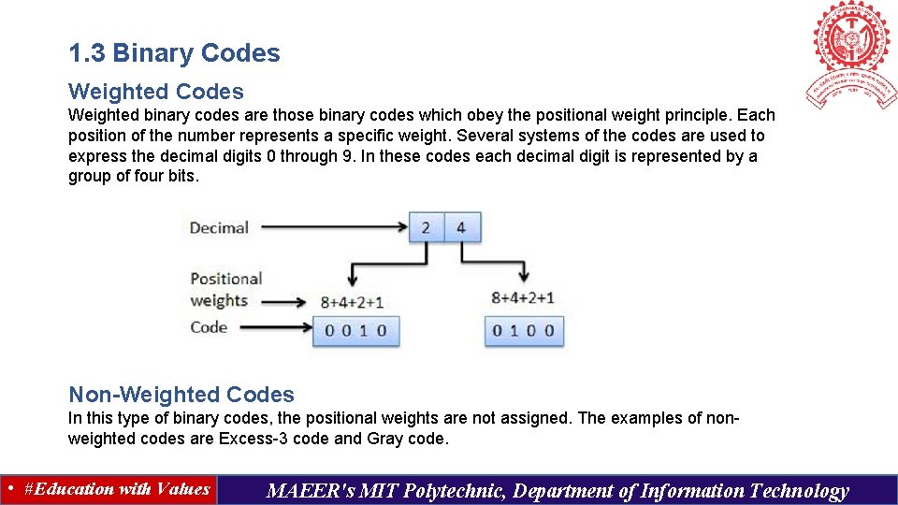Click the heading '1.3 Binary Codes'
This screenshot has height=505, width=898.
click(174, 53)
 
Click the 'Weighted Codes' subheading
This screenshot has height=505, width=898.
click(155, 92)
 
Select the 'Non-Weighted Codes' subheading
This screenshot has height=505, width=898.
click(181, 395)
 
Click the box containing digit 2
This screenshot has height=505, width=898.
click(427, 227)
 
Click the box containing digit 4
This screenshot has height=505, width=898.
click(461, 227)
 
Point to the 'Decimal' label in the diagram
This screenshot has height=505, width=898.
click(219, 227)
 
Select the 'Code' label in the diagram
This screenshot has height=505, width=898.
click(209, 326)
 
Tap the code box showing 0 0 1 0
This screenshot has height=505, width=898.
click(355, 330)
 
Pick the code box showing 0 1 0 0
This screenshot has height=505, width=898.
click(524, 330)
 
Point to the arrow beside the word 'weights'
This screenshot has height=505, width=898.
click(284, 302)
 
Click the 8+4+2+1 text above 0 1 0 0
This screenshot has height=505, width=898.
click(523, 298)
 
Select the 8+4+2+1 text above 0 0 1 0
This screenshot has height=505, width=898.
click(352, 302)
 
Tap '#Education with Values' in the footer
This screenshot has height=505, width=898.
click(117, 489)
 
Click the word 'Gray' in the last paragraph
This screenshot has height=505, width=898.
click(385, 439)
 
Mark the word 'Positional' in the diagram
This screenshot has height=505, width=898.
click(225, 279)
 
